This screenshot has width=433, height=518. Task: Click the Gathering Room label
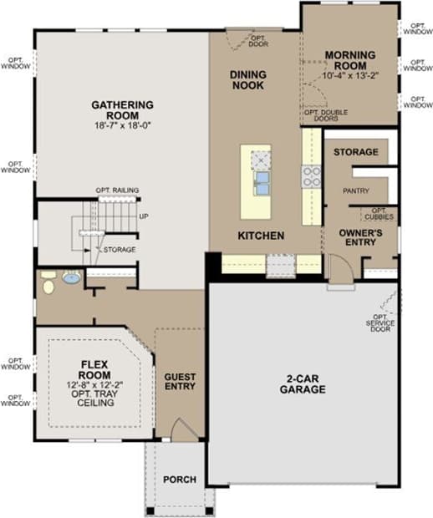122,105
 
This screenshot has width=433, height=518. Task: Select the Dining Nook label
248,79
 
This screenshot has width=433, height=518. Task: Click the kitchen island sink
262,181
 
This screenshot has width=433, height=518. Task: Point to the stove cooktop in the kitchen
311,175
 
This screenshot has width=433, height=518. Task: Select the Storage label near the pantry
355,152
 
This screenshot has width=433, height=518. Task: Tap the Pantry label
355,190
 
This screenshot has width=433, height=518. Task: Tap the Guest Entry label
180,381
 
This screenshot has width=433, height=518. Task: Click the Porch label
180,480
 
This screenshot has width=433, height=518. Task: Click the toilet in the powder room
48,282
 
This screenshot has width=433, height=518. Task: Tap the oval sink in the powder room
72,278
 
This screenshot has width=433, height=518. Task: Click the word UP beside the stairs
144,216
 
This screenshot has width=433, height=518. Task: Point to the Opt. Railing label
117,190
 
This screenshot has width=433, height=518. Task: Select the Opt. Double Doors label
323,116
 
